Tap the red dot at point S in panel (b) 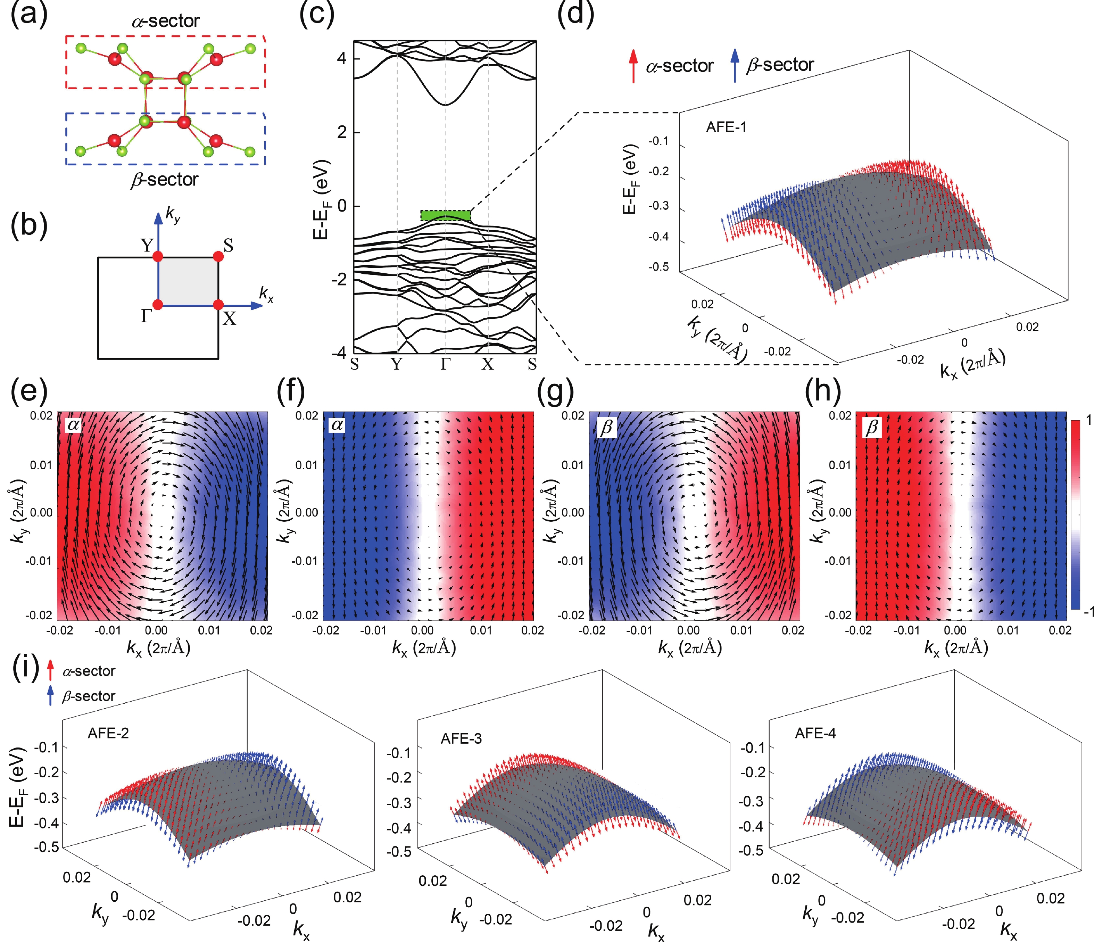click(218, 257)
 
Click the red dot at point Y click(157, 257)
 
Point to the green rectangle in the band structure click(445, 215)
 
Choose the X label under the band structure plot click(487, 364)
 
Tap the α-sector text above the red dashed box click(165, 21)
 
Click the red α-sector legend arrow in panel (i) click(50, 671)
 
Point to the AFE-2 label click(108, 733)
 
